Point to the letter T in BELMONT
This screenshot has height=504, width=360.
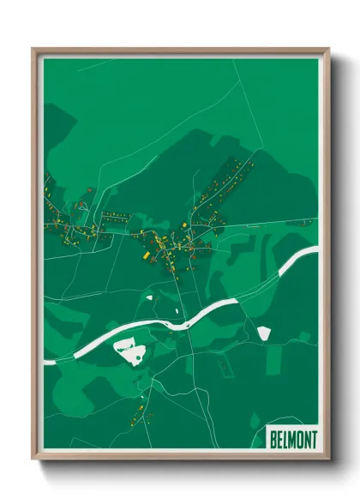point(313,438)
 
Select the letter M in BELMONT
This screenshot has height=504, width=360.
point(293,438)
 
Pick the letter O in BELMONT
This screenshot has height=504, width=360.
point(300,438)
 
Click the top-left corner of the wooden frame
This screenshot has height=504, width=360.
point(33,49)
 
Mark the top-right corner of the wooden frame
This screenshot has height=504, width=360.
point(328,49)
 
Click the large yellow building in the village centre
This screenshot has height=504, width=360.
point(146,255)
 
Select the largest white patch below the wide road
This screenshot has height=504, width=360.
point(130,351)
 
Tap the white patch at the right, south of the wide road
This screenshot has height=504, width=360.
point(263,333)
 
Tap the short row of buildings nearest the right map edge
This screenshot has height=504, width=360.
point(298,222)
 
